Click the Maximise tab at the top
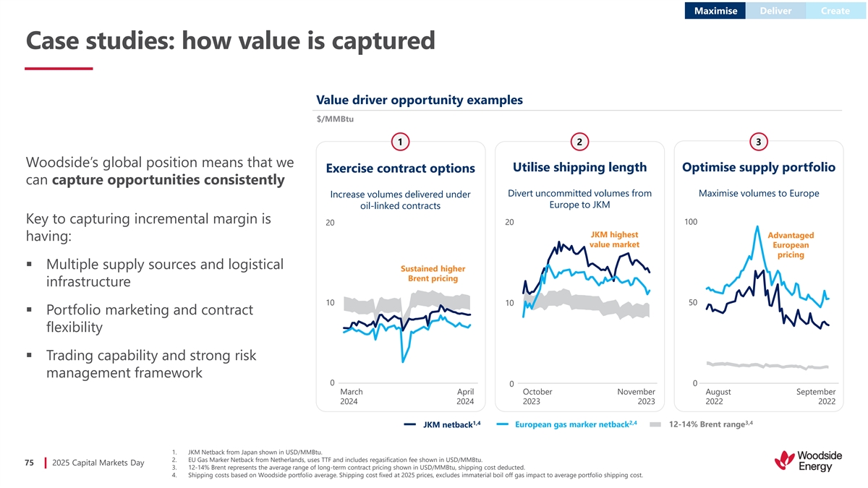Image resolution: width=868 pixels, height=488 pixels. click(x=715, y=11)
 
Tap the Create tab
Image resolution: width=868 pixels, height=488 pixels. click(x=835, y=11)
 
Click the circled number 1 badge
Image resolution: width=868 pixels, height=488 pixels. click(x=399, y=142)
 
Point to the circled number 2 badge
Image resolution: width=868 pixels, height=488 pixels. click(x=579, y=142)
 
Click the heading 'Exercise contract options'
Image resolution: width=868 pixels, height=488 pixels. click(x=400, y=168)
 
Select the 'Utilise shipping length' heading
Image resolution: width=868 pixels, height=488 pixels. click(x=579, y=168)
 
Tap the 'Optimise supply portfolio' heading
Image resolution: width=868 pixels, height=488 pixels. click(x=759, y=168)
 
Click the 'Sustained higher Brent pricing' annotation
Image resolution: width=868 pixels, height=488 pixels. click(x=433, y=274)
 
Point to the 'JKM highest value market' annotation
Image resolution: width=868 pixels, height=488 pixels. click(x=614, y=240)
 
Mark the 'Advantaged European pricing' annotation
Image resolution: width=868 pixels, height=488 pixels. click(x=791, y=245)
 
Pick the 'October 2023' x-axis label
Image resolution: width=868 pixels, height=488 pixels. click(x=537, y=397)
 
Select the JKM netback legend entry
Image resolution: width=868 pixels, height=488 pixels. click(x=442, y=424)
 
